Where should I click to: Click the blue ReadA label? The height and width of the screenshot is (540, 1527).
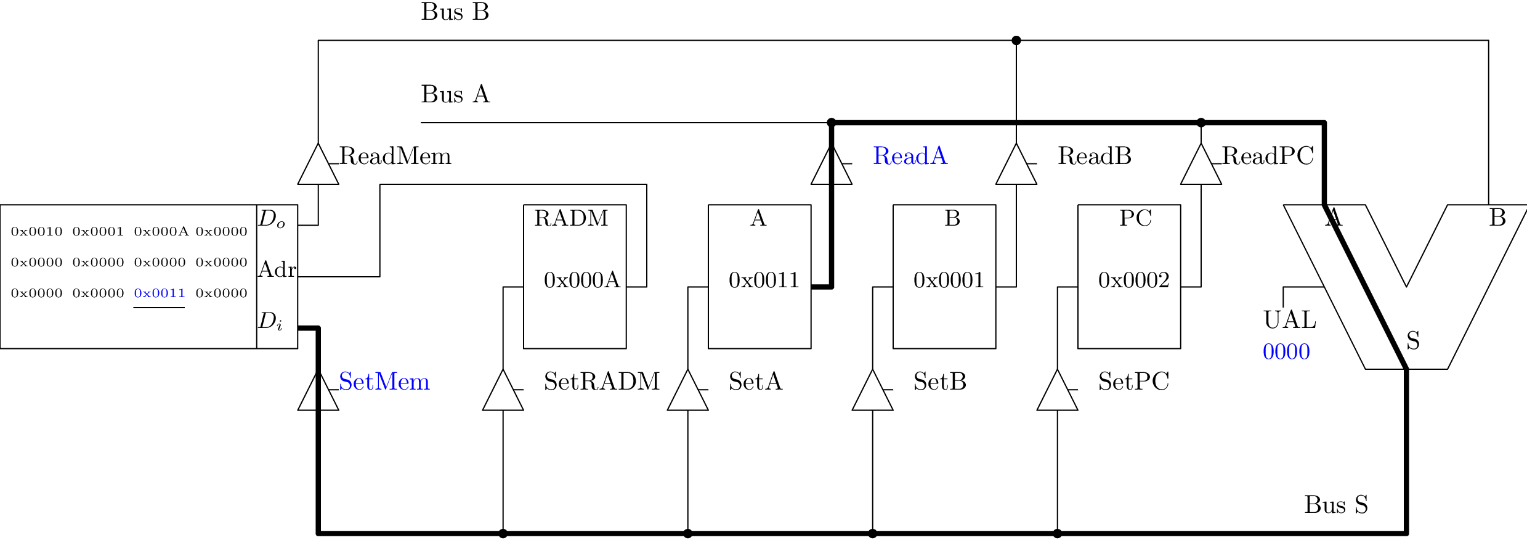pos(909,157)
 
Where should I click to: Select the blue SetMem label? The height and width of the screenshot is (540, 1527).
pos(384,382)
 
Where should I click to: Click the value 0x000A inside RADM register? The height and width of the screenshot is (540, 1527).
pos(581,280)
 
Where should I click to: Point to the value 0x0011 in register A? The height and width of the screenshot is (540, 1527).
pos(763,280)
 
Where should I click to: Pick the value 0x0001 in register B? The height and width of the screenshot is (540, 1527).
pos(948,280)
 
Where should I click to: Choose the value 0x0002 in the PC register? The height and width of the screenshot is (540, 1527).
pos(1133,280)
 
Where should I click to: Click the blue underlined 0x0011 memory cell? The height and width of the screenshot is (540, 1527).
pos(160,293)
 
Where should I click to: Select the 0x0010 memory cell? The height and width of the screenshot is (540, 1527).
pos(36,232)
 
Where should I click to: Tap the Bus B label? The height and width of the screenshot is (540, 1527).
pos(455,12)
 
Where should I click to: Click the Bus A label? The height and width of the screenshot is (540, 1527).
pos(455,95)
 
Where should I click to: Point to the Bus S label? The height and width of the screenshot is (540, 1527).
pos(1335,505)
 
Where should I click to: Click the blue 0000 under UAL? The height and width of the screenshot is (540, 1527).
pos(1286,353)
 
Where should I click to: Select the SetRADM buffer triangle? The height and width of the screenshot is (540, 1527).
pos(503,392)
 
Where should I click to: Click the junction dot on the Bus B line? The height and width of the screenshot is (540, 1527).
pos(1016,41)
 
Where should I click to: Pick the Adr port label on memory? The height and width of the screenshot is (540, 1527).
pos(277,270)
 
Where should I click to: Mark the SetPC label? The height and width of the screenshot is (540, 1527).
pos(1133,382)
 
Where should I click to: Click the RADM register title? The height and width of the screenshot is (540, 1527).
pos(571,219)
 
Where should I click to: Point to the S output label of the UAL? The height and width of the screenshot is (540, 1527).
pos(1413,341)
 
